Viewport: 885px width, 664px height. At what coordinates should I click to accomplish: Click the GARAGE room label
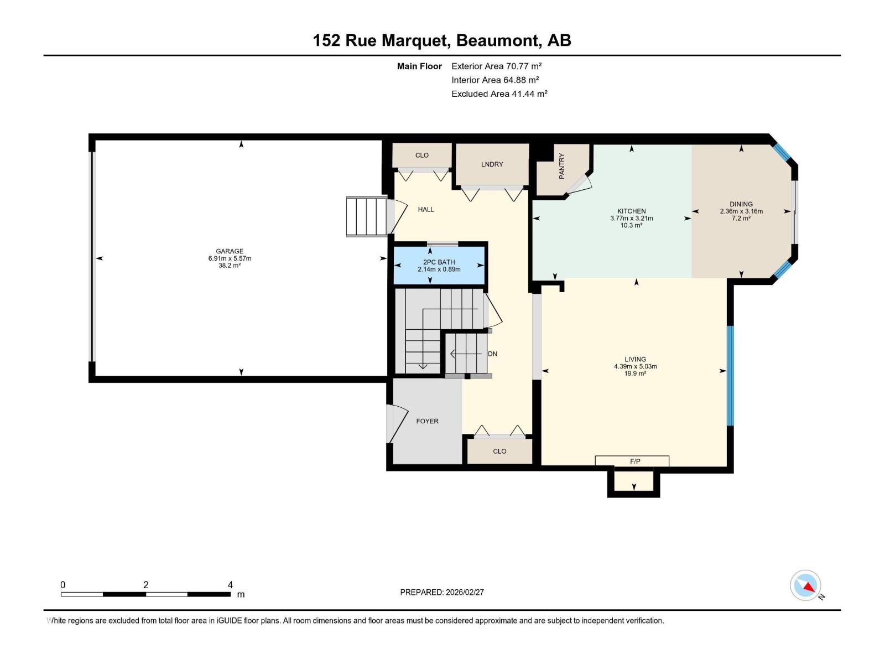point(230,251)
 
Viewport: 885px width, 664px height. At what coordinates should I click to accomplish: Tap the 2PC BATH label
point(439,262)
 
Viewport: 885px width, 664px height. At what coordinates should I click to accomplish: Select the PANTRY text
point(561,166)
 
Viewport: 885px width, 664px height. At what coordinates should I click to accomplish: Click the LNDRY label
point(492,164)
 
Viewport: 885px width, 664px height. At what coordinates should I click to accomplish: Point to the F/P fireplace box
point(634,461)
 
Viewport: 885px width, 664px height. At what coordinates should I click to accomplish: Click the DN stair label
point(492,354)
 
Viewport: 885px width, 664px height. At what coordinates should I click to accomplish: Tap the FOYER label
point(427,421)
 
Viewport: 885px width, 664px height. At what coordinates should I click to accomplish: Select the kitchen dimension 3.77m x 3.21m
point(631,219)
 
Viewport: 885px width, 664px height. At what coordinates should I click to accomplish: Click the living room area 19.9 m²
point(635,373)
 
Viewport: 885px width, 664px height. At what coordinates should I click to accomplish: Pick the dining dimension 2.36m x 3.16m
point(741,211)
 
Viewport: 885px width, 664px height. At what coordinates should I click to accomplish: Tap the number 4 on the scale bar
point(230,585)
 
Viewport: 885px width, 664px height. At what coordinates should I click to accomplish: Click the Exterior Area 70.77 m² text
point(496,66)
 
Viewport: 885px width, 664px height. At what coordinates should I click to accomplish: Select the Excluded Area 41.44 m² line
point(499,94)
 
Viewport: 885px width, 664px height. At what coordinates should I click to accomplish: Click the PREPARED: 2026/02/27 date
point(442,592)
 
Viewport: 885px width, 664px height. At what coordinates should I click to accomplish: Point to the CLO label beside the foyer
point(499,451)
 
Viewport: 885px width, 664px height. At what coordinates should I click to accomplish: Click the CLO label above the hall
point(422,155)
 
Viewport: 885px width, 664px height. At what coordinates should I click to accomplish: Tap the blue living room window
point(730,376)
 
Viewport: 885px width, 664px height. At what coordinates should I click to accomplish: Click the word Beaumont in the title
point(497,40)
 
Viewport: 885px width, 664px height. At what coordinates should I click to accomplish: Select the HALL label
point(426,209)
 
